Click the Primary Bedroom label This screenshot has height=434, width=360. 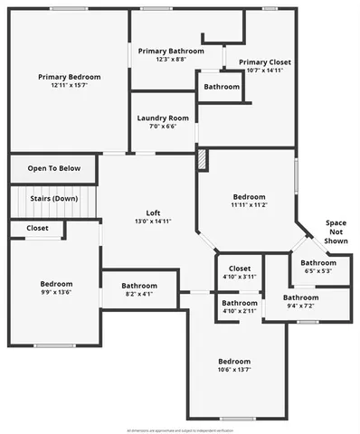(69, 77)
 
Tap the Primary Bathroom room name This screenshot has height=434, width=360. (170, 51)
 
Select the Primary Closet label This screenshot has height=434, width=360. (265, 61)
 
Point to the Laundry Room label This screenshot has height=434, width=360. (163, 118)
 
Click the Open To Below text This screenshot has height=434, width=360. (54, 168)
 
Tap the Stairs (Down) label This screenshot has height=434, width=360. (52, 198)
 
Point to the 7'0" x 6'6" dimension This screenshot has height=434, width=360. (163, 127)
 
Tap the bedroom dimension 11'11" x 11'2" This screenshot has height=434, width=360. (249, 205)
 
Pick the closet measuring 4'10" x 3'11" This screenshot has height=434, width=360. (240, 277)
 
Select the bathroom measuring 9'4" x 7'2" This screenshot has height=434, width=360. (300, 306)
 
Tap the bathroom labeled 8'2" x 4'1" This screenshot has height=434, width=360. (139, 294)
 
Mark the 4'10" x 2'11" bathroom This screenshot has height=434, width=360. (240, 311)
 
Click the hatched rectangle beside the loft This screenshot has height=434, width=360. (203, 159)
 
